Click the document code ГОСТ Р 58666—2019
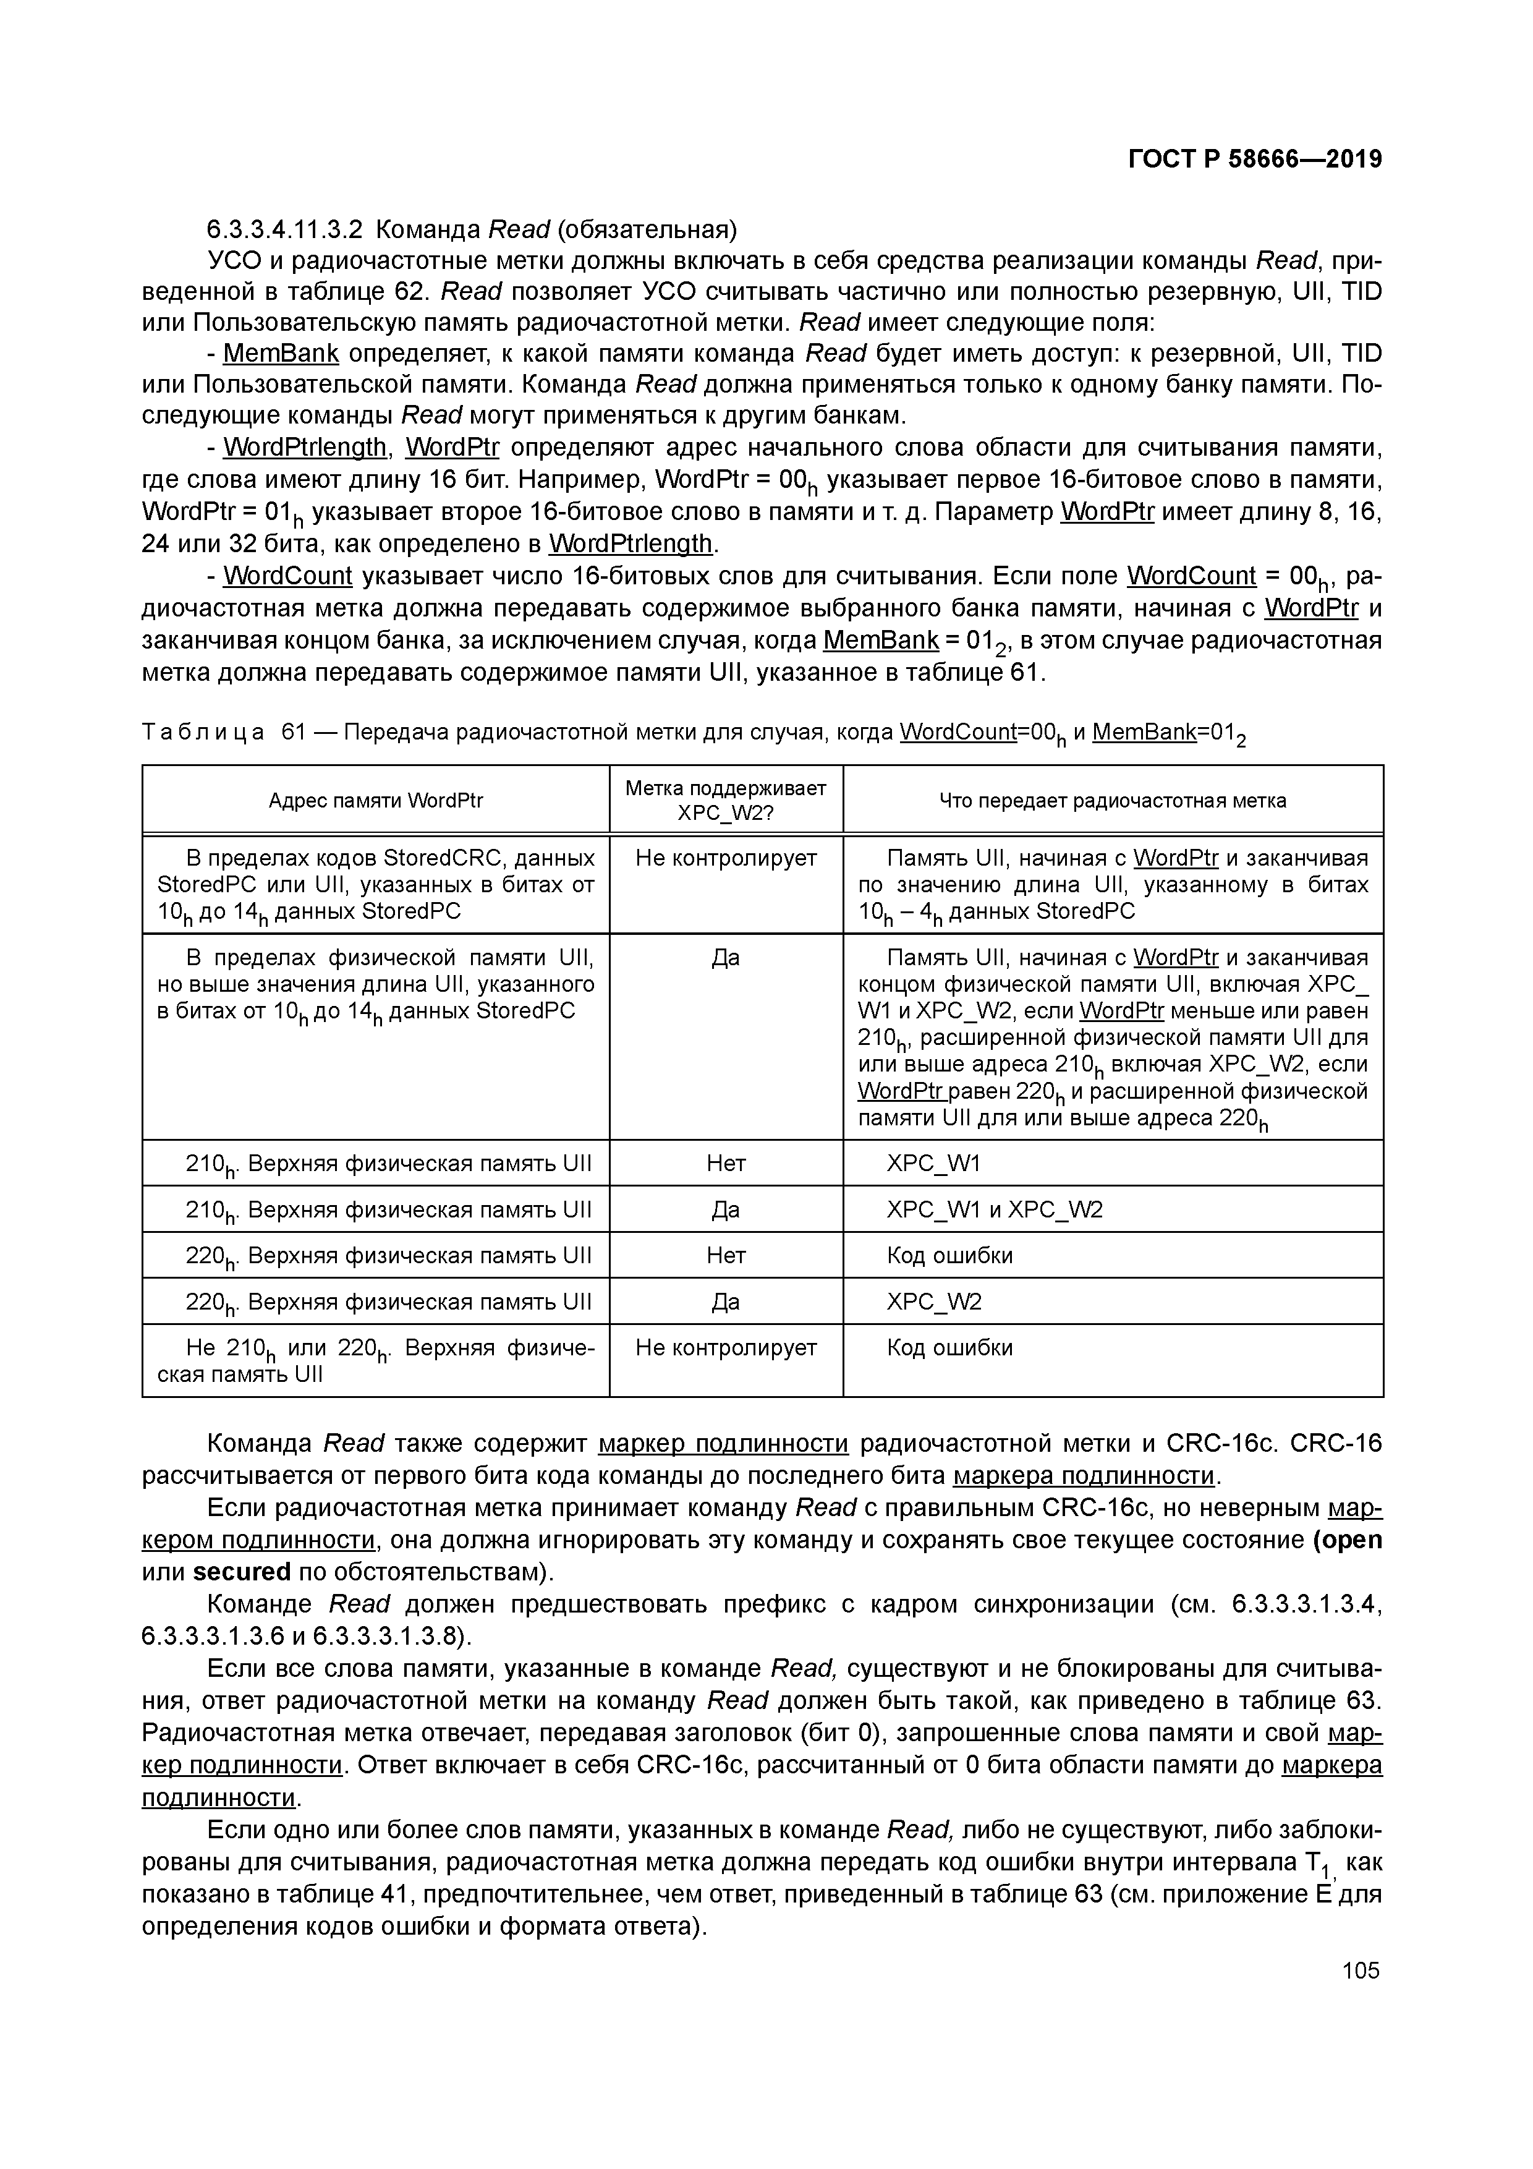coord(1254,159)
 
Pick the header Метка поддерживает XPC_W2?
coord(726,800)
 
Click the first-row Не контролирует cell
coord(726,859)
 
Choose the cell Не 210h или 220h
coord(375,1360)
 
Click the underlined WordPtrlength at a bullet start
coord(304,447)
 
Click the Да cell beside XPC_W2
coord(726,1302)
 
